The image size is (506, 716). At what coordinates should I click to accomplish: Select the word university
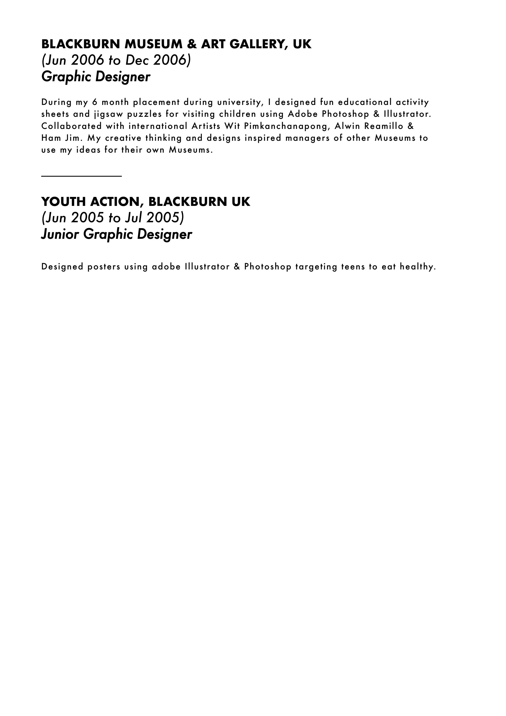239,102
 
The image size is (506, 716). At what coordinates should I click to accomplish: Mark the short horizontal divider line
81,177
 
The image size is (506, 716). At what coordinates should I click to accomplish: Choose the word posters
104,267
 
